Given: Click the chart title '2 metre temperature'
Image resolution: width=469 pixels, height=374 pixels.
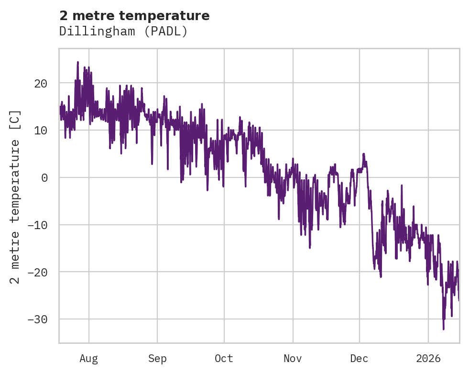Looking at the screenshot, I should (134, 16).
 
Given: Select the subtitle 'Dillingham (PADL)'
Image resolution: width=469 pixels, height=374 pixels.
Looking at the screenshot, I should (123, 32).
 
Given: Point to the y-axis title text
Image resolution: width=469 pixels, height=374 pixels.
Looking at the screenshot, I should (15, 197).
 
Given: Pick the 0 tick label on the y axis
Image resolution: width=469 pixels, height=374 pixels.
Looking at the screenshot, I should (44, 177).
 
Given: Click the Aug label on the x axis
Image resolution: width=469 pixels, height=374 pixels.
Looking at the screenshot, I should (88, 358).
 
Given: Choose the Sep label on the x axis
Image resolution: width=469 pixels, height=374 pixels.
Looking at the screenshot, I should (157, 358).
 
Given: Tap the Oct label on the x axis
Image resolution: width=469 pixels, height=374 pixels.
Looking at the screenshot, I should (224, 358).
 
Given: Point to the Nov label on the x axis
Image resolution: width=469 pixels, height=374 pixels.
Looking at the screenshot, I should (293, 358).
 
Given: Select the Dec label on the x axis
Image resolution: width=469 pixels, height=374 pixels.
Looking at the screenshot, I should (359, 358).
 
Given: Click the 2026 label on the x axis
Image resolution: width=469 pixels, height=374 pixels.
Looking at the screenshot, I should (428, 358).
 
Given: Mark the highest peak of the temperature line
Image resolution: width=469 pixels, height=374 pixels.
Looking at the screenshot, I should (77, 62).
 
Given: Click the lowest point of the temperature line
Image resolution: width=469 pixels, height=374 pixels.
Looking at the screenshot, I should (443, 329).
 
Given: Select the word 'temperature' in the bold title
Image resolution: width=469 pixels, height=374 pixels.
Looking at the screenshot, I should (164, 16).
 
